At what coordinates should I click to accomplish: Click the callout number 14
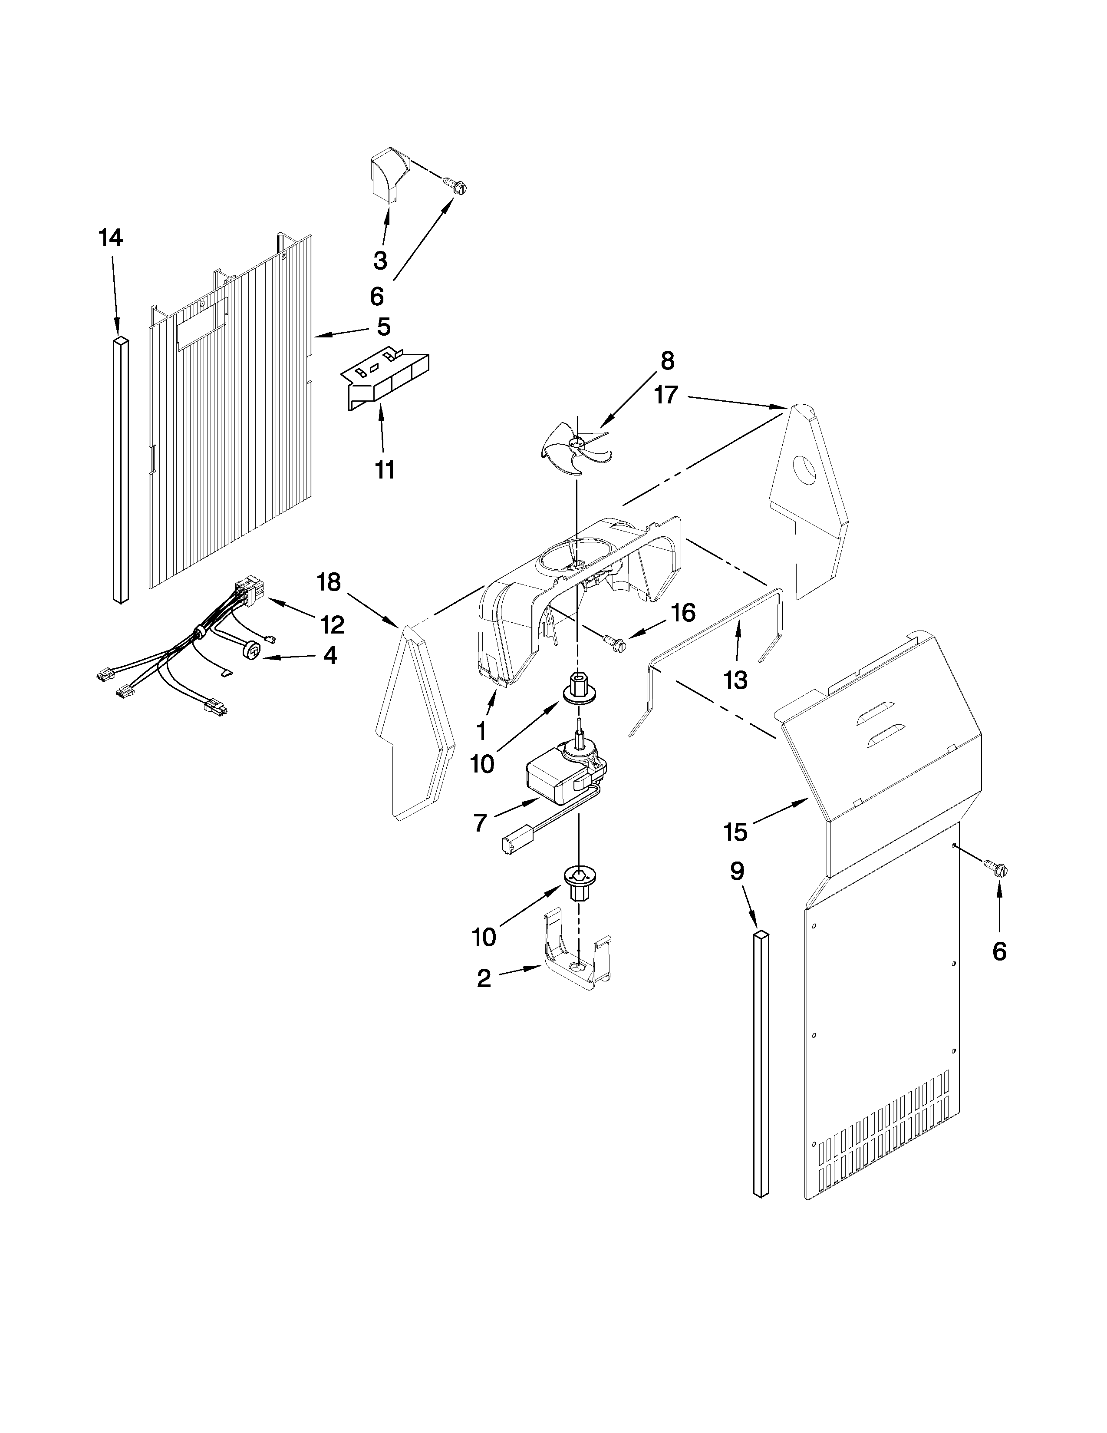tap(111, 238)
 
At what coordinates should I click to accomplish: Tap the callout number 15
tap(735, 832)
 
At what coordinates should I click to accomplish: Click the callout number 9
tap(737, 872)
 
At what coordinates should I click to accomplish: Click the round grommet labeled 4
tap(252, 650)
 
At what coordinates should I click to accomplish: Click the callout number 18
tap(329, 582)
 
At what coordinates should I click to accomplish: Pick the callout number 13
tap(736, 680)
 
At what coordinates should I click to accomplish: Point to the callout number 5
tap(384, 327)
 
